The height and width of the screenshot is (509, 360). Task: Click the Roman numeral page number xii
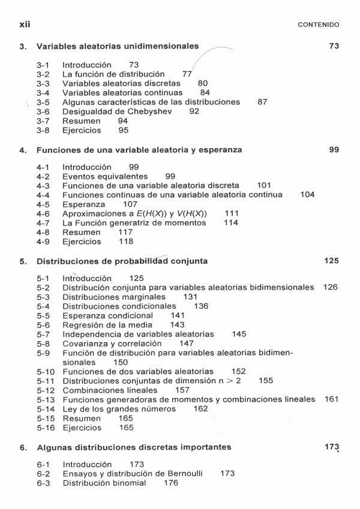point(25,24)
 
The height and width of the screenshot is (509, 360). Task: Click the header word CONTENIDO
point(319,25)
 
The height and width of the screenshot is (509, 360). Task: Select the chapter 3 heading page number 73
point(334,46)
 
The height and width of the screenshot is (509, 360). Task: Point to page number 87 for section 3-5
point(262,102)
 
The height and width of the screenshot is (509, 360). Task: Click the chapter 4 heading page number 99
point(334,150)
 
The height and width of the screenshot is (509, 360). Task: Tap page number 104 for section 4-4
point(307,195)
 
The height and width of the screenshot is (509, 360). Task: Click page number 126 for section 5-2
point(330,287)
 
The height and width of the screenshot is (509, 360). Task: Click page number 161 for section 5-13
point(332,399)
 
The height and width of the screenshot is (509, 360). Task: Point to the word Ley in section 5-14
point(70,409)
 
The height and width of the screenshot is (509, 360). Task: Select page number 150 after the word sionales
point(121,363)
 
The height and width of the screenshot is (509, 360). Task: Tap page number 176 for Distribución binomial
point(171,483)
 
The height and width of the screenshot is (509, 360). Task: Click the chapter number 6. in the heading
point(22,447)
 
